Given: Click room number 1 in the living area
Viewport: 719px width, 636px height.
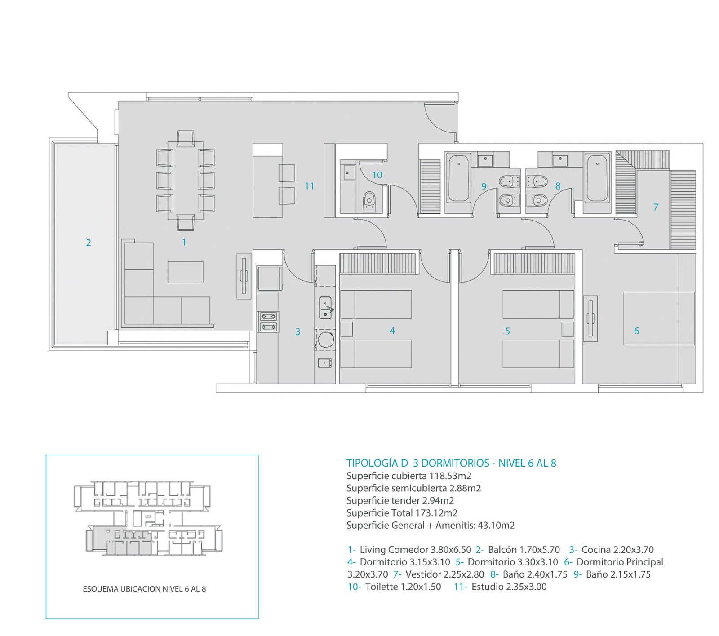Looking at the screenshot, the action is coord(184,243).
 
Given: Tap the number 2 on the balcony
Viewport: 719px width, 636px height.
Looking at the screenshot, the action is coord(89,243).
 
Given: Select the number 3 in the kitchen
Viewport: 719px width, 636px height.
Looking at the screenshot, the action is coord(298,332).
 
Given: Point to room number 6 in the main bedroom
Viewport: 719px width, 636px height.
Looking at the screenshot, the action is coord(636,331).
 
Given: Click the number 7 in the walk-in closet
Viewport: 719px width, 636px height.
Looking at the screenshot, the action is coord(656,207).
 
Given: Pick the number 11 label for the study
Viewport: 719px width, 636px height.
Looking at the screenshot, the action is coord(309,186).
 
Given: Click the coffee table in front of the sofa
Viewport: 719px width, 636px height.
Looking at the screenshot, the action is coord(186,272).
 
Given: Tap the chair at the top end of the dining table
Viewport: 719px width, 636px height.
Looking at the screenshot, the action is coord(186,138).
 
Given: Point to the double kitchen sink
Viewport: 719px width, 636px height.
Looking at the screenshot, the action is coord(325,308).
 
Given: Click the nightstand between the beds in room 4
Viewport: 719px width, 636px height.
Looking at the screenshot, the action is coord(346,329).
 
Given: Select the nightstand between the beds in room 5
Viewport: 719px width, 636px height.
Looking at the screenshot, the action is coord(568,329).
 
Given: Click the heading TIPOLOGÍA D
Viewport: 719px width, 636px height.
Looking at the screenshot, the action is coord(377,463).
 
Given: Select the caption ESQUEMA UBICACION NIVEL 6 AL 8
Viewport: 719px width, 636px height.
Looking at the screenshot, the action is coord(144,589).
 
